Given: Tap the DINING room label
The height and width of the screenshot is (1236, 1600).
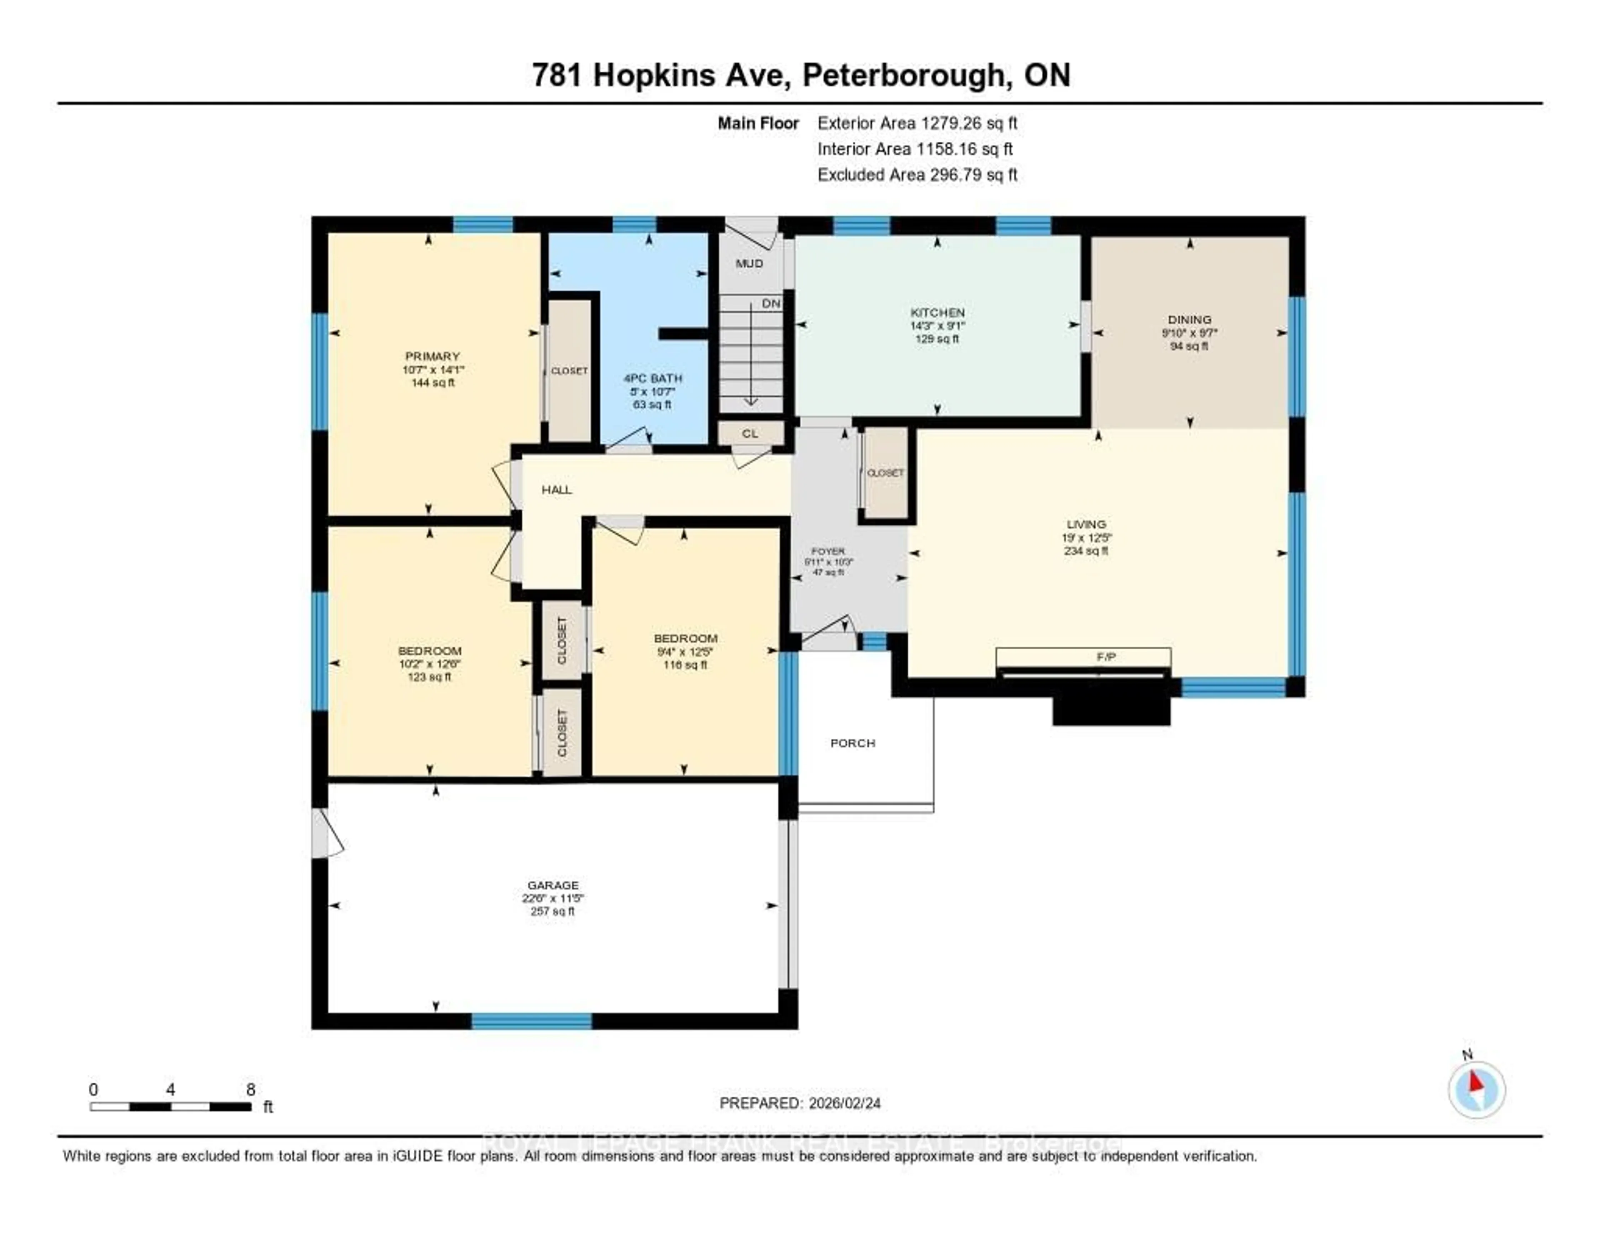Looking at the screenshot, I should [1189, 320].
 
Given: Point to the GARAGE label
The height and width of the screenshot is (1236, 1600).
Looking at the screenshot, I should [552, 885].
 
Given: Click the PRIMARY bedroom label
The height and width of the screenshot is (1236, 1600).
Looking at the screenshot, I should [432, 356].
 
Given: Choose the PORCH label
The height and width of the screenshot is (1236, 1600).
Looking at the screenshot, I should [852, 743].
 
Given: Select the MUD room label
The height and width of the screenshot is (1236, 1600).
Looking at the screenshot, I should [749, 263].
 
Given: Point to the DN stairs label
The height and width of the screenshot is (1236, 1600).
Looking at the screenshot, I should [771, 303].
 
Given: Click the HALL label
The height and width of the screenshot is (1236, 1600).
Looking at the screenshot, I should [556, 489].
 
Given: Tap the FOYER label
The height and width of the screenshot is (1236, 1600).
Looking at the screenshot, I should [828, 551].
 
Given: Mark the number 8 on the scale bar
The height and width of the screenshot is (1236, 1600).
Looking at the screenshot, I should [250, 1089].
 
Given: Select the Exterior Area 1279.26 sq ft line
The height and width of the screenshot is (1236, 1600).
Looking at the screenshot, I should [917, 123].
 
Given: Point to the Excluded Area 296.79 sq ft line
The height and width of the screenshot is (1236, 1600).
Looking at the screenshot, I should [917, 174].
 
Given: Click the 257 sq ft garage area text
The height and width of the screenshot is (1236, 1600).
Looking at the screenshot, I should [552, 911].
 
